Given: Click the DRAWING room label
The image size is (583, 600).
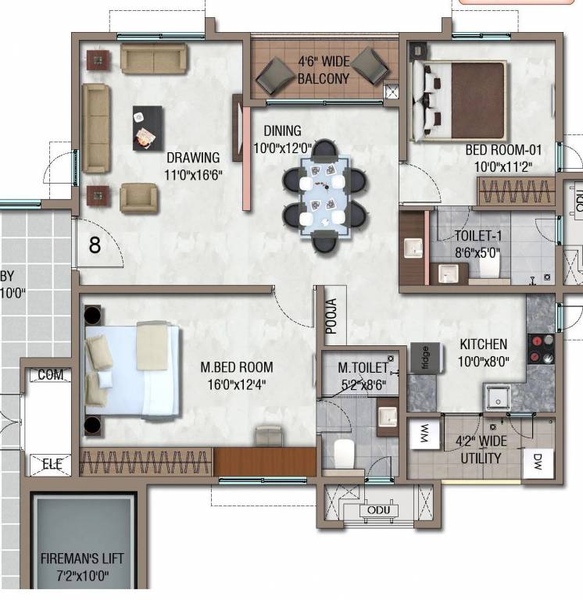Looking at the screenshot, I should click(193, 158).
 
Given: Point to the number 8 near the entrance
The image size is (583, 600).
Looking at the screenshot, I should click(95, 245).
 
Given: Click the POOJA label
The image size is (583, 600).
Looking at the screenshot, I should click(331, 316).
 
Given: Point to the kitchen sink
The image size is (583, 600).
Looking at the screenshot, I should click(495, 399).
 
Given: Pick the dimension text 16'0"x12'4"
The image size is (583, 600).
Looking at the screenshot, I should click(236, 383).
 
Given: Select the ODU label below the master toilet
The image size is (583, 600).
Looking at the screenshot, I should click(374, 510).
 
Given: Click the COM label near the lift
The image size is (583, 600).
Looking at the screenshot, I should click(51, 376).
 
